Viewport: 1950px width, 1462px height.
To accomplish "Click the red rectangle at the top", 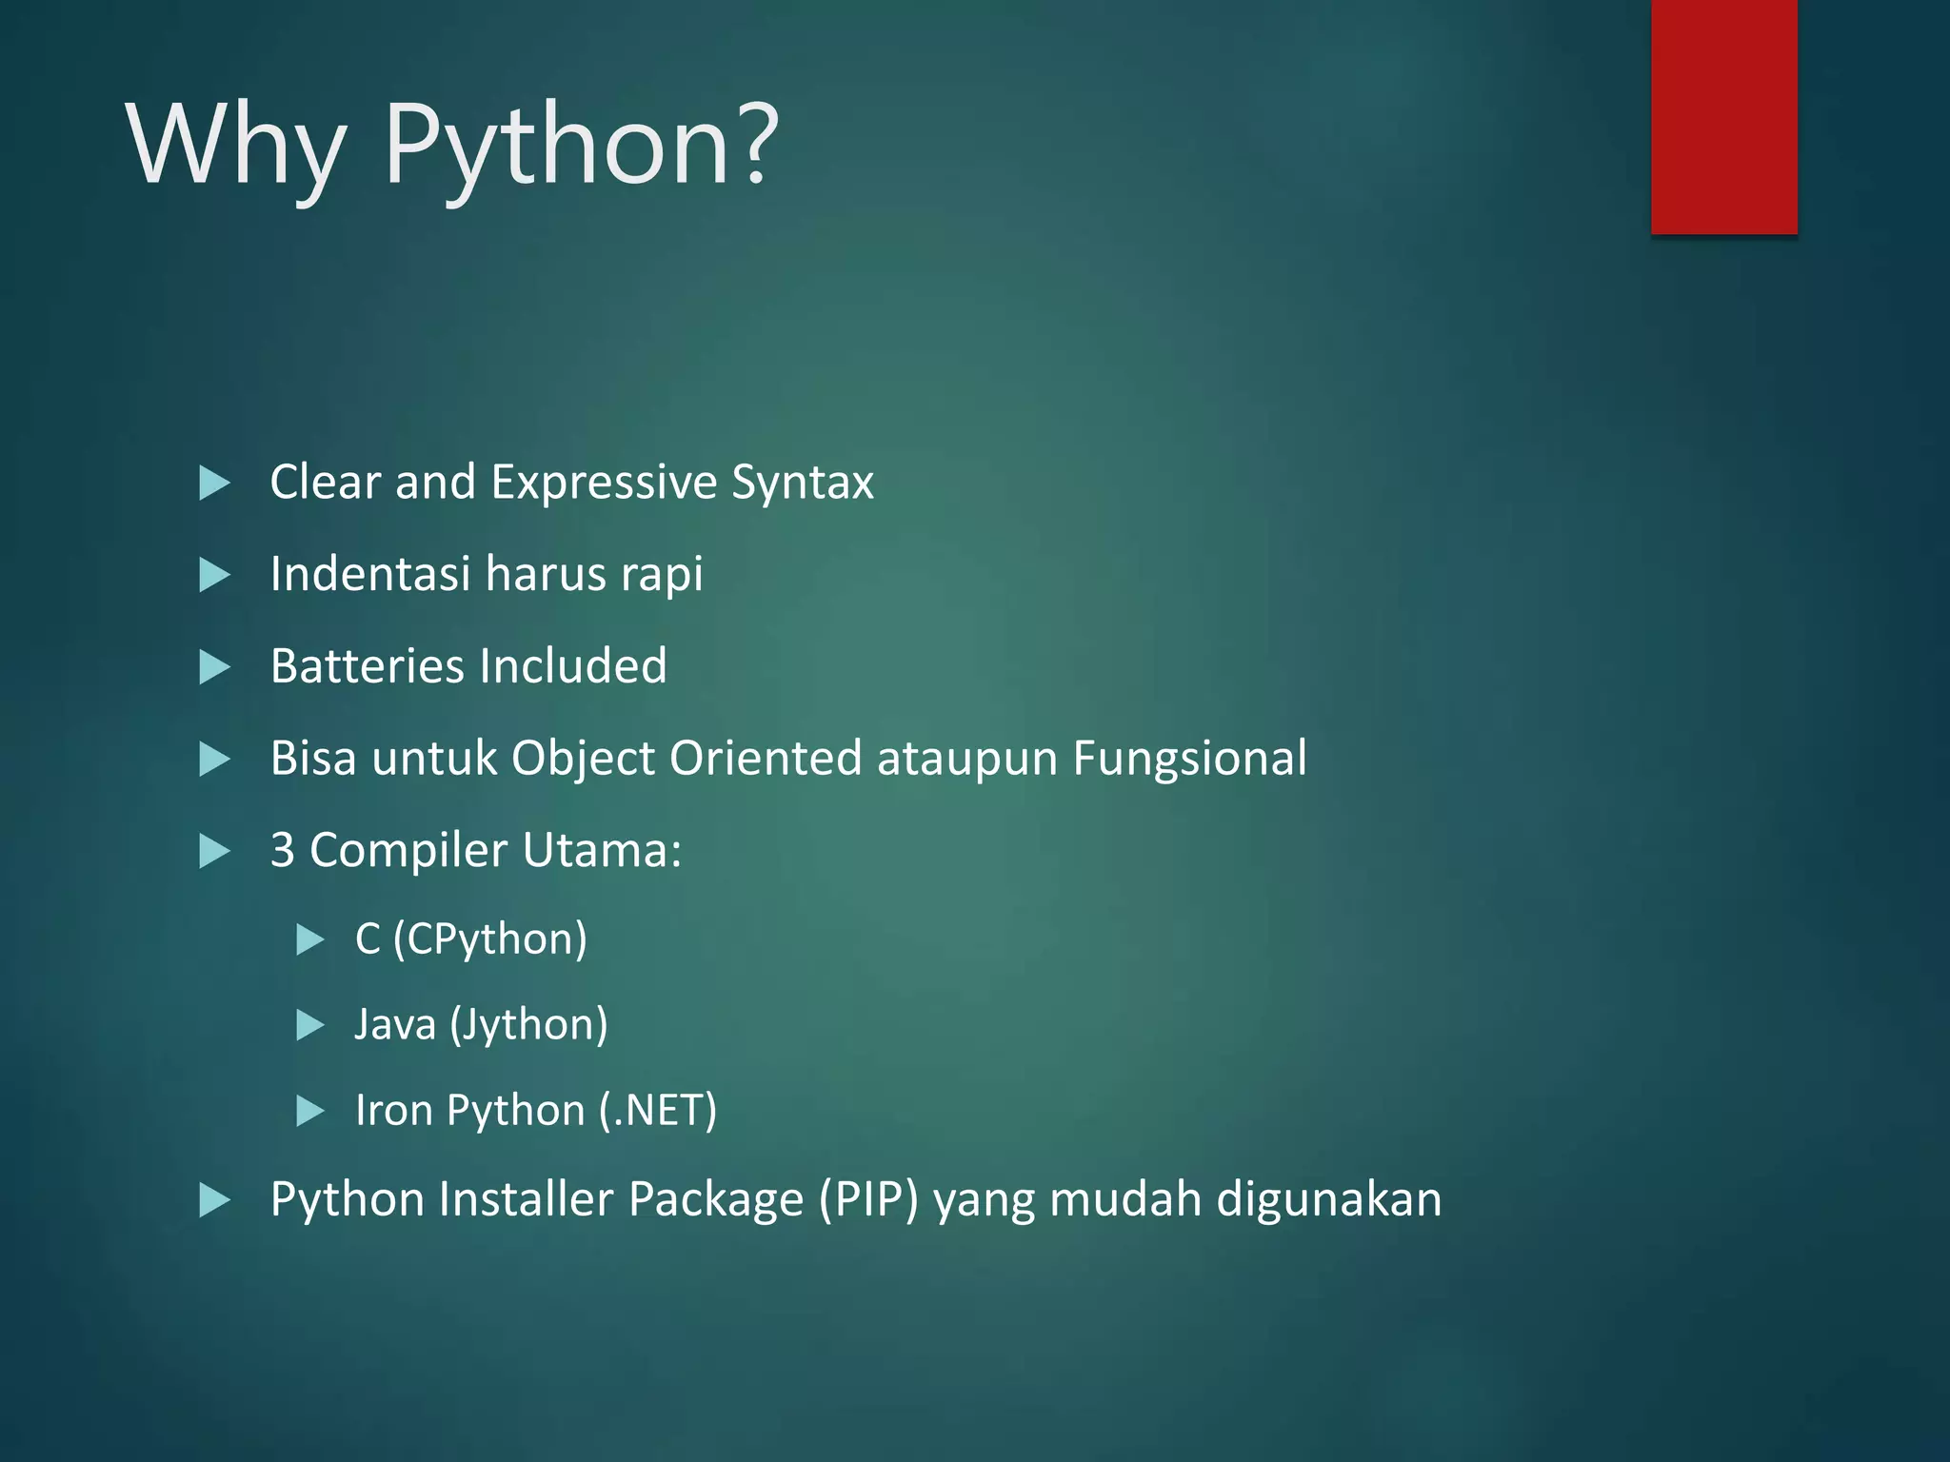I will coord(1723,116).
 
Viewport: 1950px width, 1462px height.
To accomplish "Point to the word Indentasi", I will coord(370,574).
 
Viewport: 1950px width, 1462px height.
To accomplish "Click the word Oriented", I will coord(766,759).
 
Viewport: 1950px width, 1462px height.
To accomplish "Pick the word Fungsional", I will coord(1189,759).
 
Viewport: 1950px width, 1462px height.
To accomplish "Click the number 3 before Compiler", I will coord(283,850).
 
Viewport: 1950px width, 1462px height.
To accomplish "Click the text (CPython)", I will coord(489,939).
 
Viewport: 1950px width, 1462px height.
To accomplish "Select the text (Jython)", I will coord(527,1025).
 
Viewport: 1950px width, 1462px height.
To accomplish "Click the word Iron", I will coord(393,1111).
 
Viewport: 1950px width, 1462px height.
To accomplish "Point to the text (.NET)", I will coord(657,1111).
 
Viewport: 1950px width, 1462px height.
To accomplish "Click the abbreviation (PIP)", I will coord(868,1199).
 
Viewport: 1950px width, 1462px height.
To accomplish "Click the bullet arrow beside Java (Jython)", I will coord(309,1025).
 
